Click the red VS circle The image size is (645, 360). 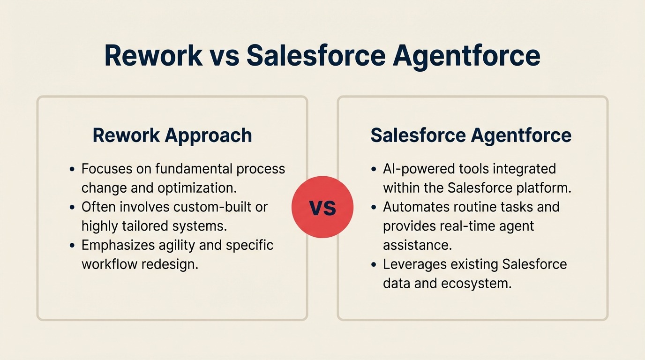point(322,207)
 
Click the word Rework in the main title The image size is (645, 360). point(153,56)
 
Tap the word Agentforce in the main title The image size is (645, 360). point(466,56)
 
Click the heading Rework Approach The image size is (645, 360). point(172,135)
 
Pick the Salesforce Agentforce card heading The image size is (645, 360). point(471,135)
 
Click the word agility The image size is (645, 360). point(179,245)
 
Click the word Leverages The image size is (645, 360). point(414,264)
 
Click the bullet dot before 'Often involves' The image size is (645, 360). point(72,207)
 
